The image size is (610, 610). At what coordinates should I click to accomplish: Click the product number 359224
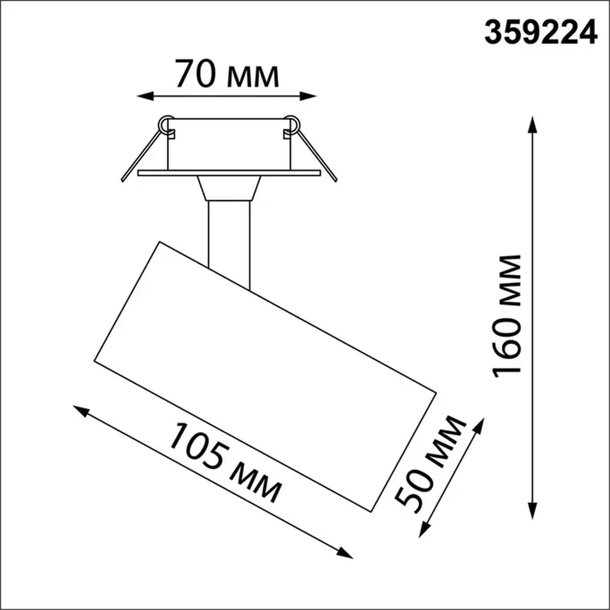tap(540, 32)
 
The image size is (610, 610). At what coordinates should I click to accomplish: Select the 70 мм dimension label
tap(227, 74)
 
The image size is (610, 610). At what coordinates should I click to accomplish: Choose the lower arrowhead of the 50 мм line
tap(424, 530)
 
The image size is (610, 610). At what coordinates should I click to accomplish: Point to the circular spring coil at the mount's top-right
tap(292, 124)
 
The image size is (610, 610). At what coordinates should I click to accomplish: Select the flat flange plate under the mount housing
tap(229, 173)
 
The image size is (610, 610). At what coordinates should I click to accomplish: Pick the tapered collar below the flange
tap(229, 188)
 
